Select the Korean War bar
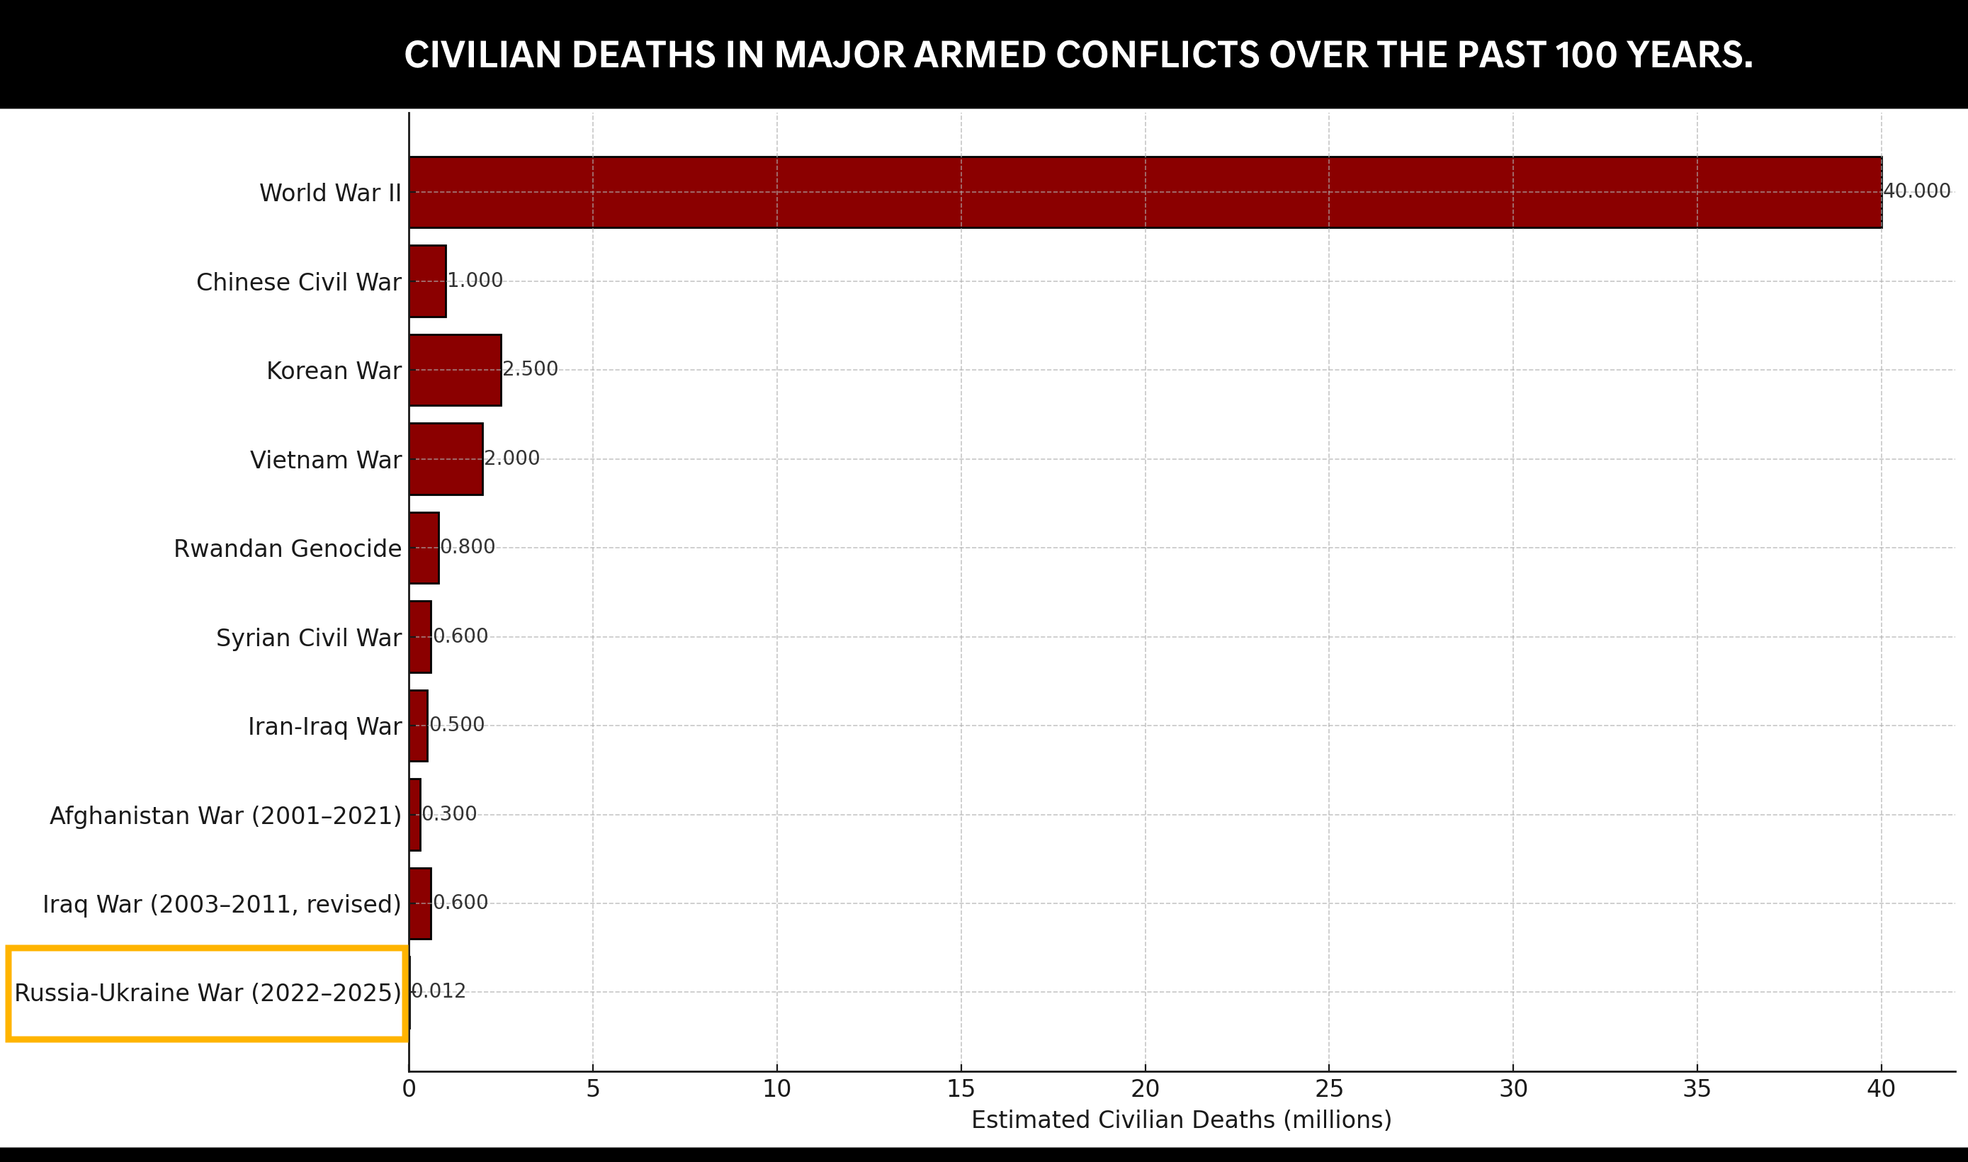455,371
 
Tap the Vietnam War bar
446,459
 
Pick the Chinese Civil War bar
427,281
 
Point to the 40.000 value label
1916,192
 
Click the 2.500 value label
530,370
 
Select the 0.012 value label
439,992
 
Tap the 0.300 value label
448,814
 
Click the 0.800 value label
468,547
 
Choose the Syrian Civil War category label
308,638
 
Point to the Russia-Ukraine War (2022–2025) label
208,993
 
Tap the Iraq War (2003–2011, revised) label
222,904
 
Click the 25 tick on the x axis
1328,1089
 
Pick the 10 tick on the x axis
776,1089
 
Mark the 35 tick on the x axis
1697,1089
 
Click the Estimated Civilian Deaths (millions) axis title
1181,1119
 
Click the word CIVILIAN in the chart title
482,55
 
